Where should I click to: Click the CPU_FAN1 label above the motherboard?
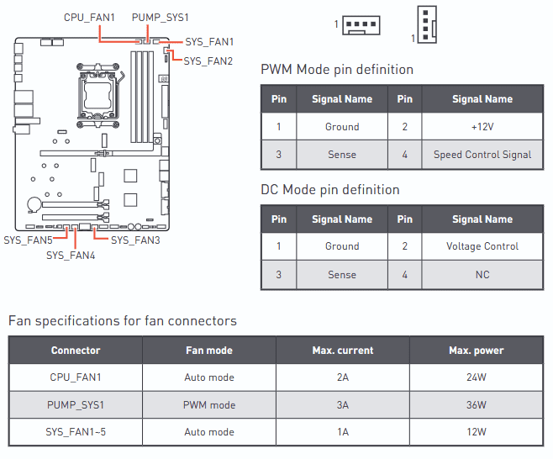point(89,17)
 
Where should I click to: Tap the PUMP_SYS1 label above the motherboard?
point(161,17)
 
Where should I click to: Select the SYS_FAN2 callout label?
point(208,61)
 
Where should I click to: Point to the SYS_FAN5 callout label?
point(28,240)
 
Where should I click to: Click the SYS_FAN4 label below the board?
point(71,256)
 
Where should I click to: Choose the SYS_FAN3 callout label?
point(135,240)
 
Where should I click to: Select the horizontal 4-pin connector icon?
point(361,25)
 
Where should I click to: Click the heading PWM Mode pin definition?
point(337,70)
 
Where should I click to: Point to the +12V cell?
point(482,127)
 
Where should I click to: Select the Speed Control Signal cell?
point(482,155)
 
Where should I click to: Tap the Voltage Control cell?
point(482,246)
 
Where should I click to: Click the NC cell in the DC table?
point(482,275)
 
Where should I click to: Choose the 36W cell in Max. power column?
point(477,405)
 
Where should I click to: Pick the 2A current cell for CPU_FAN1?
point(343,377)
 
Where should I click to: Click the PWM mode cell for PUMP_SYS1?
point(209,405)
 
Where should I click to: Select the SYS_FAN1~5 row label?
point(76,432)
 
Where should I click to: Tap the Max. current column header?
point(343,351)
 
